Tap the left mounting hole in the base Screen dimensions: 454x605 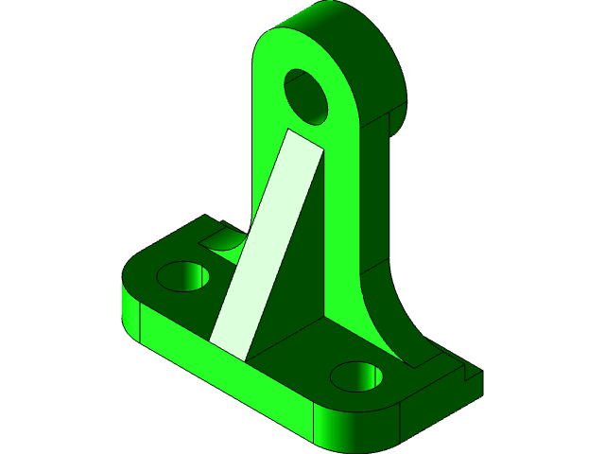pos(183,277)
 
